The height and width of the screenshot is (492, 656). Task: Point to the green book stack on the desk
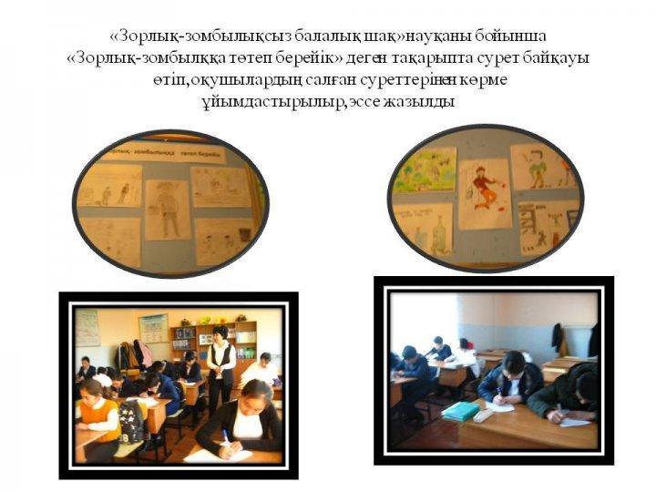coord(461,411)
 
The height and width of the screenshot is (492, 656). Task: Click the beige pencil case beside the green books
coord(484,415)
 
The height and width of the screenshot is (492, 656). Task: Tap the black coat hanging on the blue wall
coord(559,339)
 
